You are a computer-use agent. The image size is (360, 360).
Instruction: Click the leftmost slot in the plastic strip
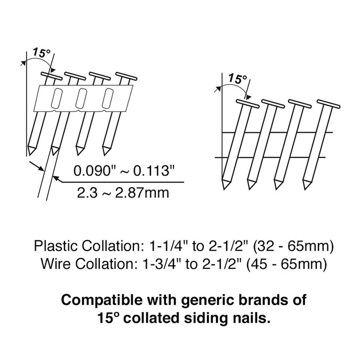click(x=57, y=98)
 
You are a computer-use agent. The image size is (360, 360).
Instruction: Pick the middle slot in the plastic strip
click(x=82, y=97)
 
